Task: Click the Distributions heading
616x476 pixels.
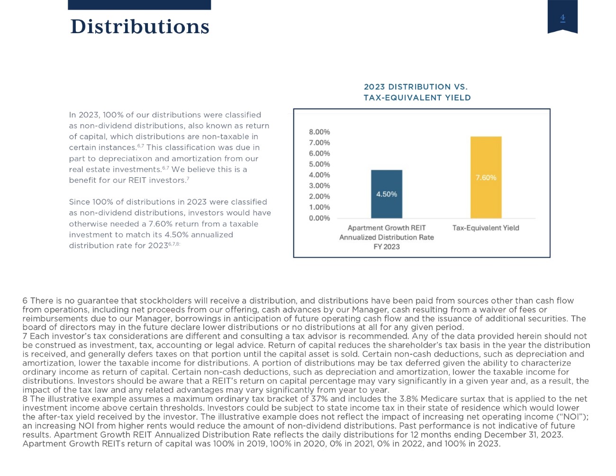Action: tap(140, 27)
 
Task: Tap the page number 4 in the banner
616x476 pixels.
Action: tap(563, 18)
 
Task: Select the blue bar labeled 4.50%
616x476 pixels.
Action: tap(387, 194)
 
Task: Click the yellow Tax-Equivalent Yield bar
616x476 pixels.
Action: tap(486, 177)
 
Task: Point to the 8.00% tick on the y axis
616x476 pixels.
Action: tap(319, 132)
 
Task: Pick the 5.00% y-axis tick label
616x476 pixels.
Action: tap(319, 164)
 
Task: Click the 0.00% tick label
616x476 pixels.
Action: tap(319, 218)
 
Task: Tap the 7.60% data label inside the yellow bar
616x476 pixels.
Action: tap(486, 178)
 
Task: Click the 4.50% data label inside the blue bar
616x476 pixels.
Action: tap(387, 194)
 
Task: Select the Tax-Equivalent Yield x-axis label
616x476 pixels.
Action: tap(486, 228)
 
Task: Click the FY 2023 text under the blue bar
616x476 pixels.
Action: tap(387, 247)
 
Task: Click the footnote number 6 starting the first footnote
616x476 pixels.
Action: tap(25, 301)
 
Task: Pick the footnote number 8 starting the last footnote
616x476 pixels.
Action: tap(25, 399)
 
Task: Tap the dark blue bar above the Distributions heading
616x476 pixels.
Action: tap(139, 5)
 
